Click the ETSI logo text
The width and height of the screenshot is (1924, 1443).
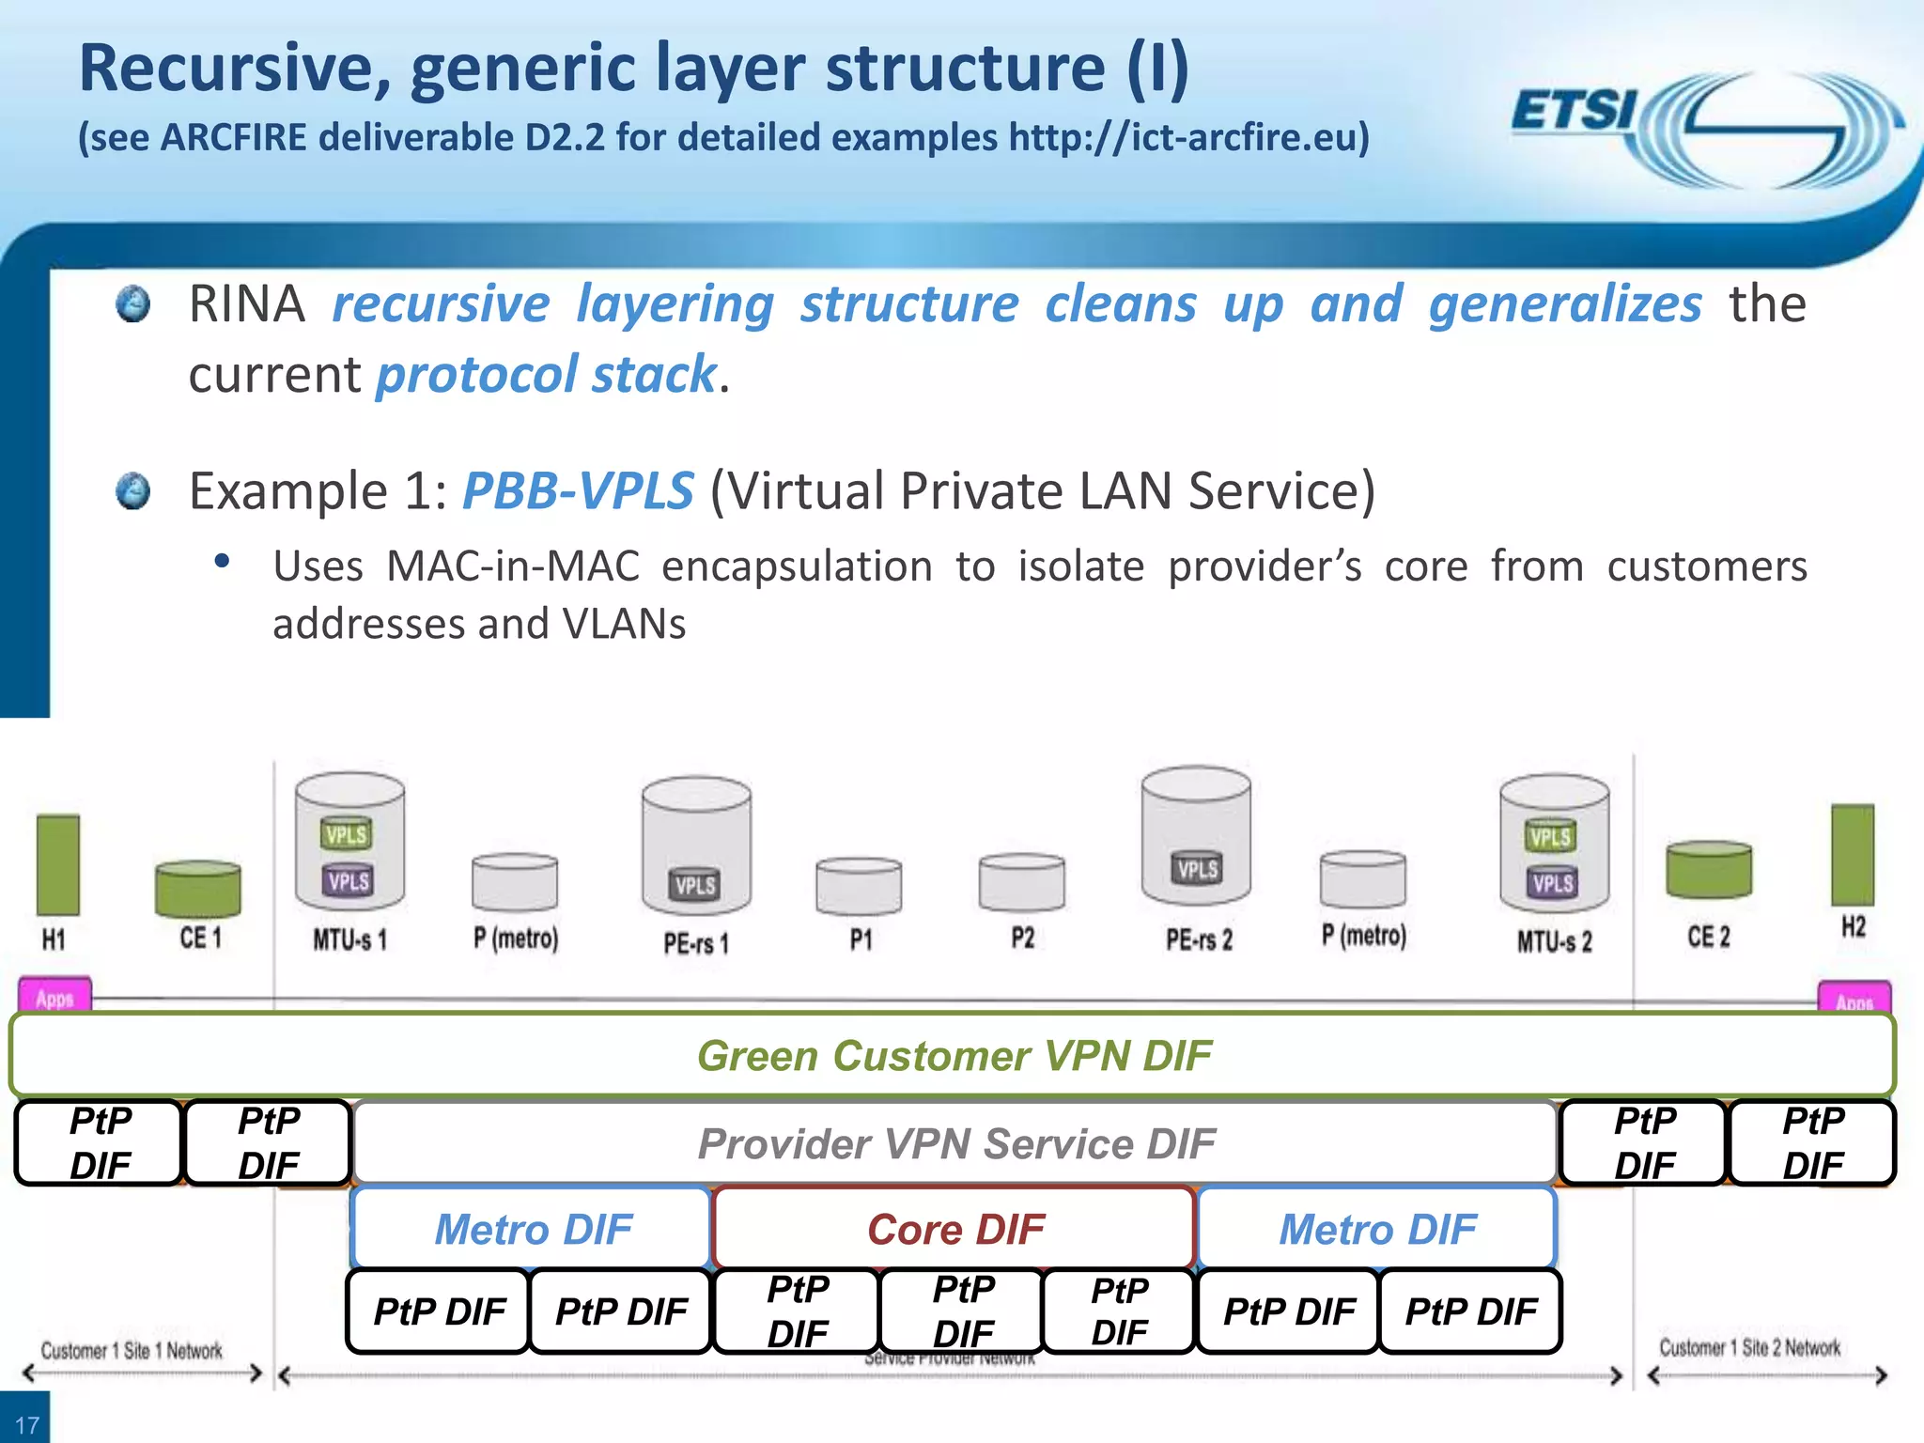point(1575,111)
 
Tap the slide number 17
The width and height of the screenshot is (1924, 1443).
point(26,1424)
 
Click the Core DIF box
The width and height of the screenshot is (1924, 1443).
point(954,1229)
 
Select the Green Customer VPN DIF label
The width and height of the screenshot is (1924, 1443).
point(954,1055)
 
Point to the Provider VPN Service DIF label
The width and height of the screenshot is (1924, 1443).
point(955,1143)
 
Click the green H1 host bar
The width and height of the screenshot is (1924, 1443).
point(58,864)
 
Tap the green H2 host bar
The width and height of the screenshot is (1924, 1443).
point(1853,855)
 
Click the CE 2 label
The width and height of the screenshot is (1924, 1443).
point(1708,937)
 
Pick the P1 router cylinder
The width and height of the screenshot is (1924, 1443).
point(859,886)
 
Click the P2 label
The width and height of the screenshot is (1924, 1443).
point(1022,938)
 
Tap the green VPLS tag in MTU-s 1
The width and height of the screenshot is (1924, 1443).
point(347,834)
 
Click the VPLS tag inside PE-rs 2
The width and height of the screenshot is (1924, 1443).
point(1198,869)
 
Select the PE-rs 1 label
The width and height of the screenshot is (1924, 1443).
point(696,942)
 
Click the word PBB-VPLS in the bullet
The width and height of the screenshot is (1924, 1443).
point(578,490)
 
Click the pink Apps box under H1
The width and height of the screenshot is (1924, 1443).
point(54,997)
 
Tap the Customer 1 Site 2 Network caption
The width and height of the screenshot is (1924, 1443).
point(1749,1348)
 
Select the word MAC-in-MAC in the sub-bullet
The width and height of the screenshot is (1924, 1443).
point(512,566)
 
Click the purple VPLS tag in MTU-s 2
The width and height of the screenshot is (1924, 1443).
point(1552,883)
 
